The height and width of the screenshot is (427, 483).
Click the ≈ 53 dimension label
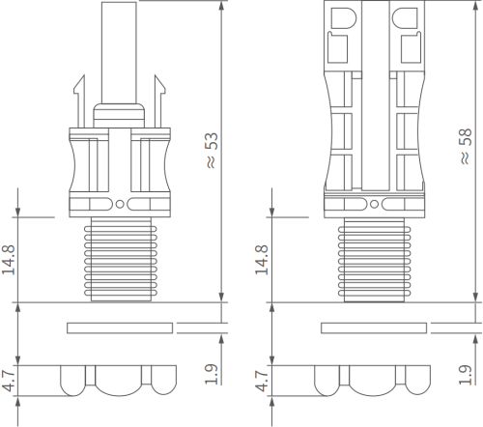212,151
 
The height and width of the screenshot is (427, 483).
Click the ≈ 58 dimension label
466,147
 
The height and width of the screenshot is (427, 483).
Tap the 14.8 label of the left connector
9,260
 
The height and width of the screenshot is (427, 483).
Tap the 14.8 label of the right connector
262,260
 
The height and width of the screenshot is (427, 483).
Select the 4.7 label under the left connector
9,381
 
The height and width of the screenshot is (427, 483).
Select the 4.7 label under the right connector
262,381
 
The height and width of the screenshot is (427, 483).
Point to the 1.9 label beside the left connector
212,374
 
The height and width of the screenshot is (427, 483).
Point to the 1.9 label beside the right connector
466,374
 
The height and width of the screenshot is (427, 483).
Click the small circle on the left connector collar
120,204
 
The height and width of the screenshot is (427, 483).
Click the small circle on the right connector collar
374,204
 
